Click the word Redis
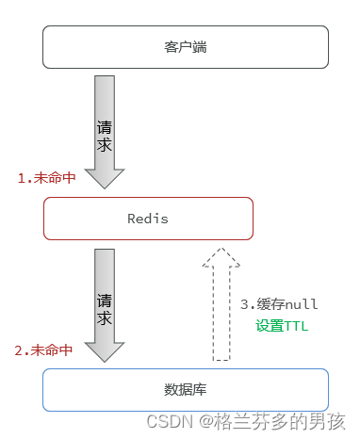pyautogui.click(x=148, y=219)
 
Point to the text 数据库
pyautogui.click(x=185, y=389)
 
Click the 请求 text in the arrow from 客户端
pyautogui.click(x=105, y=135)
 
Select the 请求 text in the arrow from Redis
pyautogui.click(x=105, y=308)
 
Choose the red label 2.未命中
pyautogui.click(x=43, y=350)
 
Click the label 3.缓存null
pyautogui.click(x=279, y=304)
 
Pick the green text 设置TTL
pyautogui.click(x=282, y=326)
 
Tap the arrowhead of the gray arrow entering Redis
pyautogui.click(x=105, y=179)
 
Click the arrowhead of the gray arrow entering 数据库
pyautogui.click(x=105, y=350)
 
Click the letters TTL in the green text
pyautogui.click(x=297, y=326)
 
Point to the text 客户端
pyautogui.click(x=185, y=47)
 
